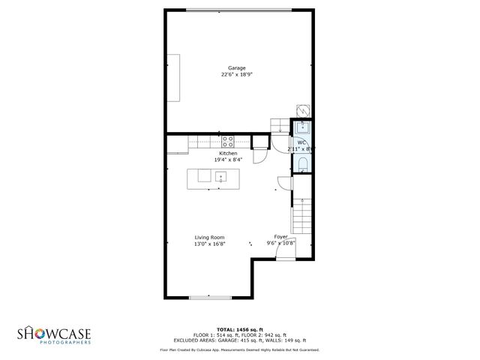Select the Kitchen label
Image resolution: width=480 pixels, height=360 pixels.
[x=228, y=154]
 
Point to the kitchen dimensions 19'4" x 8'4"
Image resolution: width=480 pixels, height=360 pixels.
[x=228, y=160]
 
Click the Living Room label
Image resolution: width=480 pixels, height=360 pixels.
[x=209, y=238]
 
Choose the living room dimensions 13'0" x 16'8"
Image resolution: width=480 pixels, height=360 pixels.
[x=209, y=244]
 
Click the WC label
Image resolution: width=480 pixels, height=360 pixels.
[x=301, y=142]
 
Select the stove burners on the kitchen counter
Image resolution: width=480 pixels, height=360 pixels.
[x=227, y=139]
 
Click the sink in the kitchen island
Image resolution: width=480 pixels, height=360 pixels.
[x=221, y=177]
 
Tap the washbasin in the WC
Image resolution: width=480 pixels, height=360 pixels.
[x=302, y=127]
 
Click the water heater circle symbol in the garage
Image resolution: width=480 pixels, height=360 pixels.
[x=302, y=109]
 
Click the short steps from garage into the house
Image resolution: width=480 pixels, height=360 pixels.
[x=280, y=125]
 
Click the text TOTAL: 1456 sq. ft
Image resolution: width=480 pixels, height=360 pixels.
[x=239, y=329]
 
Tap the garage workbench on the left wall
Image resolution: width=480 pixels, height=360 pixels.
[x=172, y=77]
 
